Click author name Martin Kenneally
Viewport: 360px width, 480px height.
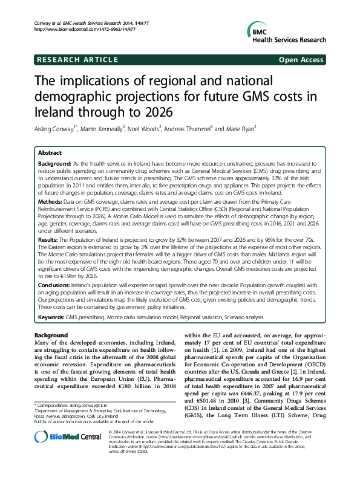102,128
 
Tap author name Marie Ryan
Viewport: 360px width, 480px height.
238,128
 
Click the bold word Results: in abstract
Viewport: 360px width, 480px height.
51,239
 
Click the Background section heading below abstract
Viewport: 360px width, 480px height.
51,335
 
